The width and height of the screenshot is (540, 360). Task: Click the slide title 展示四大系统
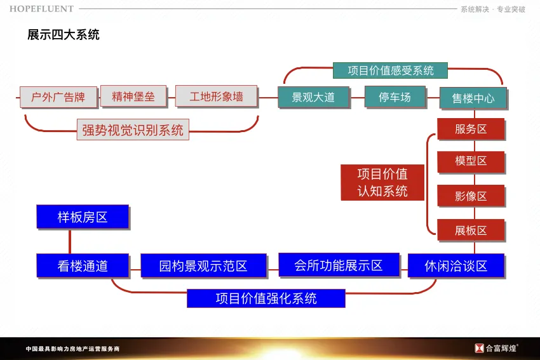(64, 35)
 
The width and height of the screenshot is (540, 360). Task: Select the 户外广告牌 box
(58, 97)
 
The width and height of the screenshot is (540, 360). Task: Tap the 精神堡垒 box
(133, 97)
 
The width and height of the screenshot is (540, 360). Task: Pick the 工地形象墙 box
(216, 97)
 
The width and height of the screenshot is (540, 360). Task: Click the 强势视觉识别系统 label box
(133, 130)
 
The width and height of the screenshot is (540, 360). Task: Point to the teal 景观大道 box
(314, 97)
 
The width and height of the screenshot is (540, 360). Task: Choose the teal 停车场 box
(395, 97)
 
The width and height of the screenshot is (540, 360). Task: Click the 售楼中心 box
(473, 98)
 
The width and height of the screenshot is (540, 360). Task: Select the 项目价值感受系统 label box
(390, 70)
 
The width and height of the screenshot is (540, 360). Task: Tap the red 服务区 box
(471, 129)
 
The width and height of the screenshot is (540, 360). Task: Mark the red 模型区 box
(471, 161)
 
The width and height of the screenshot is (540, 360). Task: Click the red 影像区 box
(471, 196)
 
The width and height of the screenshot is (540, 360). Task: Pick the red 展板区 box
(471, 230)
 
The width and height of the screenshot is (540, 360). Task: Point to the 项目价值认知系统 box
(382, 182)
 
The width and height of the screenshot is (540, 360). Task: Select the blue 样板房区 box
(83, 217)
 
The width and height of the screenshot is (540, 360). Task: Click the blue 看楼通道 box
(83, 266)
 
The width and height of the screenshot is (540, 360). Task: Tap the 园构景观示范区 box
(203, 266)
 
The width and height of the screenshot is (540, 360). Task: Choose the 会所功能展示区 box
(339, 265)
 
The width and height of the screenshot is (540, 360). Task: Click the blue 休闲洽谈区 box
(456, 266)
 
